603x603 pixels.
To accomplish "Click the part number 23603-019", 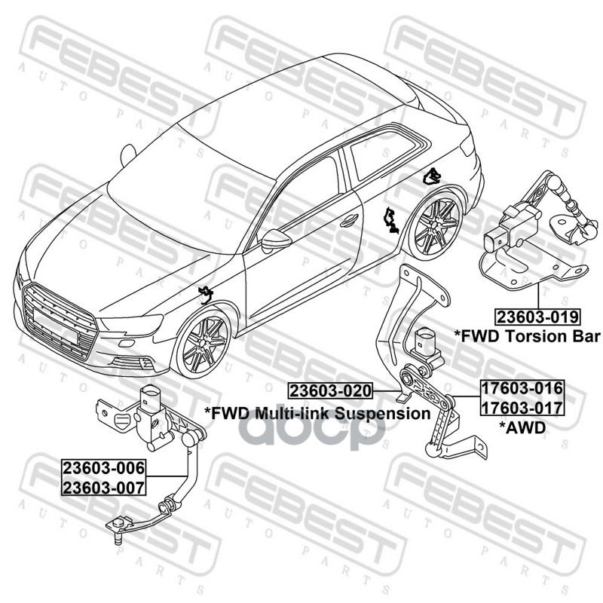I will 537,316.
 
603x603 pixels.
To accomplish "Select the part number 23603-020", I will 331,391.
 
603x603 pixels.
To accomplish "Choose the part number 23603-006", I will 104,468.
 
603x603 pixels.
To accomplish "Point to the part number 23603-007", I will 104,486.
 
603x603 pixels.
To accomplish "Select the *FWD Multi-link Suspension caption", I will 317,413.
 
